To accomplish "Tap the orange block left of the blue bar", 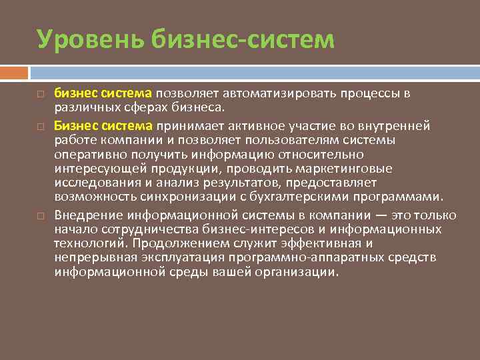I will point(14,71).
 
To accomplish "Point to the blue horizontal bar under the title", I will point(254,71).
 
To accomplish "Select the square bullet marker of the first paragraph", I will point(41,93).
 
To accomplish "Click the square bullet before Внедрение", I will point(41,216).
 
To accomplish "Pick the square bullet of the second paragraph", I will point(41,125).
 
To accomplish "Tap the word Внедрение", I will point(88,215).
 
